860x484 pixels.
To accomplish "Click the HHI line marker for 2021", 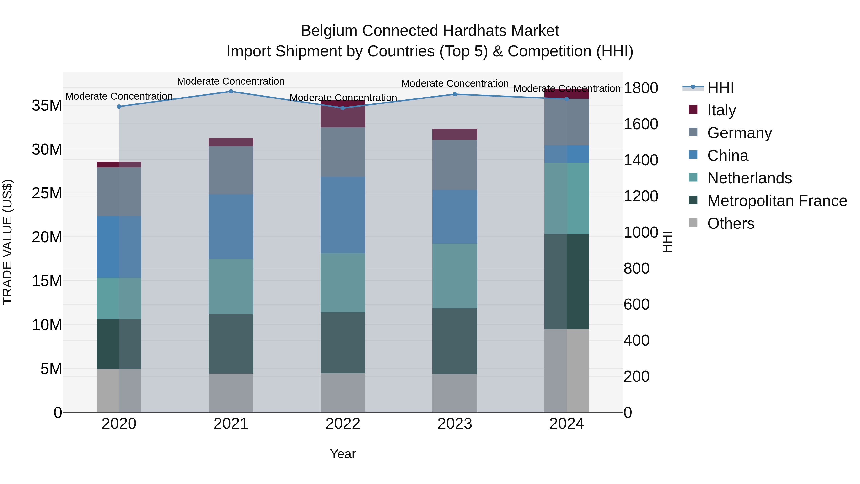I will click(231, 92).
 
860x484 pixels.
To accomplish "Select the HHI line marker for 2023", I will click(455, 94).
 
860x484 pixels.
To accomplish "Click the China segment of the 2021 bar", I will click(231, 227).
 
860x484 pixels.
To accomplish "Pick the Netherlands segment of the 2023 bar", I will click(455, 276).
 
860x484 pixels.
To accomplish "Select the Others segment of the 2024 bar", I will click(567, 370).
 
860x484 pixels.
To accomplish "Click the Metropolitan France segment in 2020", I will click(119, 344).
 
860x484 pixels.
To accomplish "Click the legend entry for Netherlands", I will click(749, 178).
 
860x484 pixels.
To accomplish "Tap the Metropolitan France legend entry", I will click(777, 201).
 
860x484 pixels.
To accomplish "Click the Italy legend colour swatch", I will click(693, 109).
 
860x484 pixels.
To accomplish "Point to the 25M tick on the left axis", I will click(47, 193).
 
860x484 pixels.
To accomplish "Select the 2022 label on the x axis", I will click(343, 424).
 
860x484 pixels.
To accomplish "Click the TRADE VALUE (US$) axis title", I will click(7, 242).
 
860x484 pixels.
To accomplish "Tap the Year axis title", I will click(343, 454).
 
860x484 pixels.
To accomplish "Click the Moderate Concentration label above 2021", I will click(231, 81).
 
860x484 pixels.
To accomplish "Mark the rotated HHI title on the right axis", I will click(667, 242).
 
